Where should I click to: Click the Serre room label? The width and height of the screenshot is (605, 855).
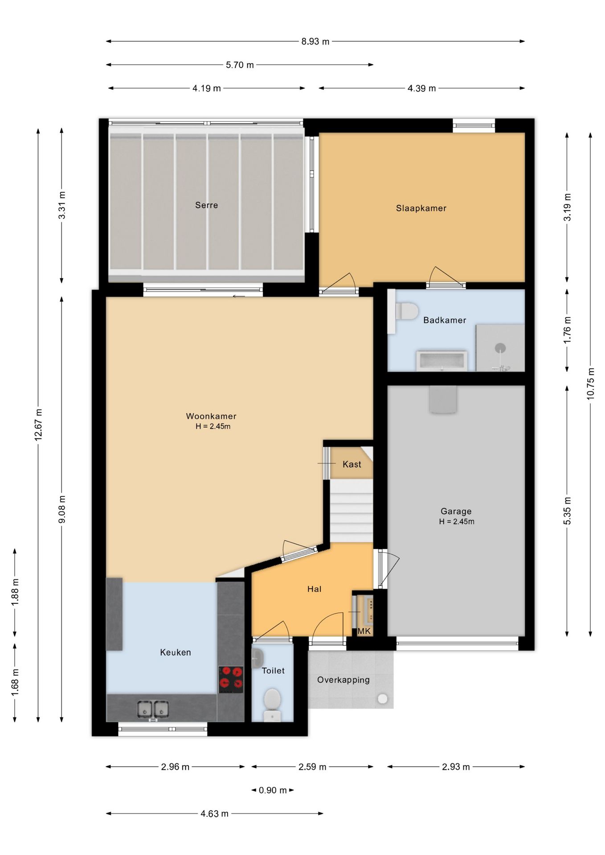tap(206, 205)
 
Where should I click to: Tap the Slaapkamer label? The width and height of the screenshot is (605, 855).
tap(421, 208)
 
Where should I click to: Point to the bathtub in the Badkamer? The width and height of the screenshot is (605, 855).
tap(442, 361)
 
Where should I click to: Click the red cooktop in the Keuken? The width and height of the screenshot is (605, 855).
tap(231, 680)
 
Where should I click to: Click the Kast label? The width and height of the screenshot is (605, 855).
tap(352, 464)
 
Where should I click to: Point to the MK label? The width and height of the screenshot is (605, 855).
tap(364, 631)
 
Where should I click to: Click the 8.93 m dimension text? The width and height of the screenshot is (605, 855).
tap(315, 41)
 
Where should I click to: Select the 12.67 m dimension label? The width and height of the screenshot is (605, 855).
tap(38, 424)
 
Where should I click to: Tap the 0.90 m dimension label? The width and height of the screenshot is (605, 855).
tap(273, 790)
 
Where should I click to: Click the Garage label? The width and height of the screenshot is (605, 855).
tap(456, 512)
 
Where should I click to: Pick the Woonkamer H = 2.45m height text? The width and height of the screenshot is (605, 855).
tap(213, 427)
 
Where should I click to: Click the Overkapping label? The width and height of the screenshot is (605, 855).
tap(343, 680)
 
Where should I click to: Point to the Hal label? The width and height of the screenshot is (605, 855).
tap(314, 589)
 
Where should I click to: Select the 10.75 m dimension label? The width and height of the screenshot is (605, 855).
tap(591, 383)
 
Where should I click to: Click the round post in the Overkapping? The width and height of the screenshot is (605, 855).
tap(382, 699)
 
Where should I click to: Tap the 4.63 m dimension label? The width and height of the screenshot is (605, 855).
tap(214, 814)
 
